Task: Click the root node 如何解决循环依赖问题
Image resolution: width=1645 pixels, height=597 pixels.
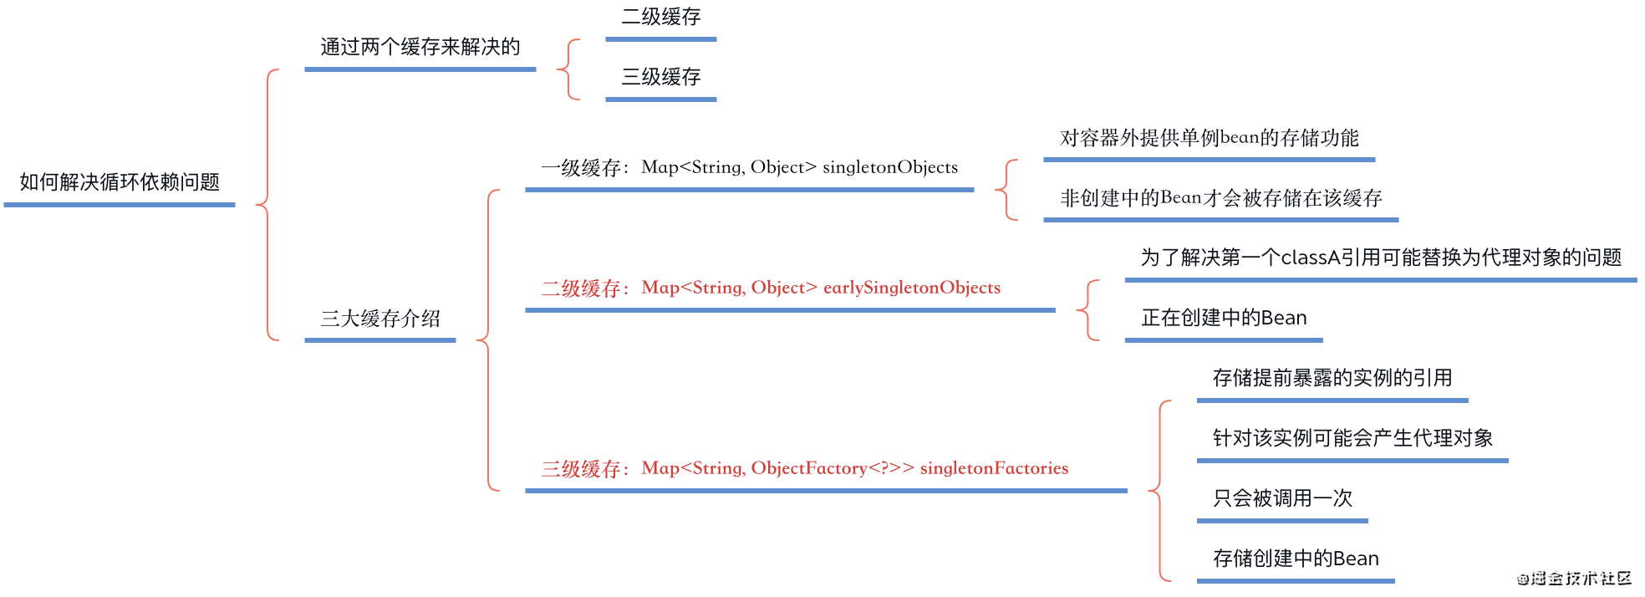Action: click(120, 182)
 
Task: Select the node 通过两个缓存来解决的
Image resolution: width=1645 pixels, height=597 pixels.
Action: click(420, 47)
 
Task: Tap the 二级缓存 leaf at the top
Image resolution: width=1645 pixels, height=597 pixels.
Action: click(660, 17)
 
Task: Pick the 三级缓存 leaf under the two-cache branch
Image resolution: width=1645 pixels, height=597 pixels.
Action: click(660, 77)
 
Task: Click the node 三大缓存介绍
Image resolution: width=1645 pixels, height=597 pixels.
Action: click(380, 319)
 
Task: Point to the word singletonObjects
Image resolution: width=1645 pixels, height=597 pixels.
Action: click(890, 167)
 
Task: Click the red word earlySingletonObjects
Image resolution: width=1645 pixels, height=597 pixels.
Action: click(912, 288)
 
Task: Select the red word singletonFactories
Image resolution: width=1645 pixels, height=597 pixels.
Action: click(994, 468)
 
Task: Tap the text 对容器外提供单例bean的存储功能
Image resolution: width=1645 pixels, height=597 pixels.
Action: click(1209, 138)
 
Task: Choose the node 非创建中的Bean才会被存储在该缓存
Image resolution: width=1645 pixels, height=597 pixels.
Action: click(1220, 198)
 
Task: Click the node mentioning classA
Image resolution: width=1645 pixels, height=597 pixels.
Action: click(1381, 258)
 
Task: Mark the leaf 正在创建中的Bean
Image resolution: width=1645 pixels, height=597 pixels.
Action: click(1224, 318)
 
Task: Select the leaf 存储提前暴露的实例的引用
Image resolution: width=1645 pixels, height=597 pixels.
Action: click(1332, 378)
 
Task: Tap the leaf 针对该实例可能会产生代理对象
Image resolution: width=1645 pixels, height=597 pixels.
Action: click(1352, 438)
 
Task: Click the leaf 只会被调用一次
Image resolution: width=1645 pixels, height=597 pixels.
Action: click(1282, 498)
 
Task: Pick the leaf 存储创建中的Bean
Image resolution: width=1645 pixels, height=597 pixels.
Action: click(1296, 559)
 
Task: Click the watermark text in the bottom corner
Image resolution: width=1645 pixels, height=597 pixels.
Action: click(1575, 579)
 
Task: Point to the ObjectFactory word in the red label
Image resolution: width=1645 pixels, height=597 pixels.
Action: click(808, 468)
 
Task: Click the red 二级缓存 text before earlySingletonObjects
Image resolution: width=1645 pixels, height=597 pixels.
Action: click(581, 288)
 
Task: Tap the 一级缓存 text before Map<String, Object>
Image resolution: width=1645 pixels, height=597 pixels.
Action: click(581, 168)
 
